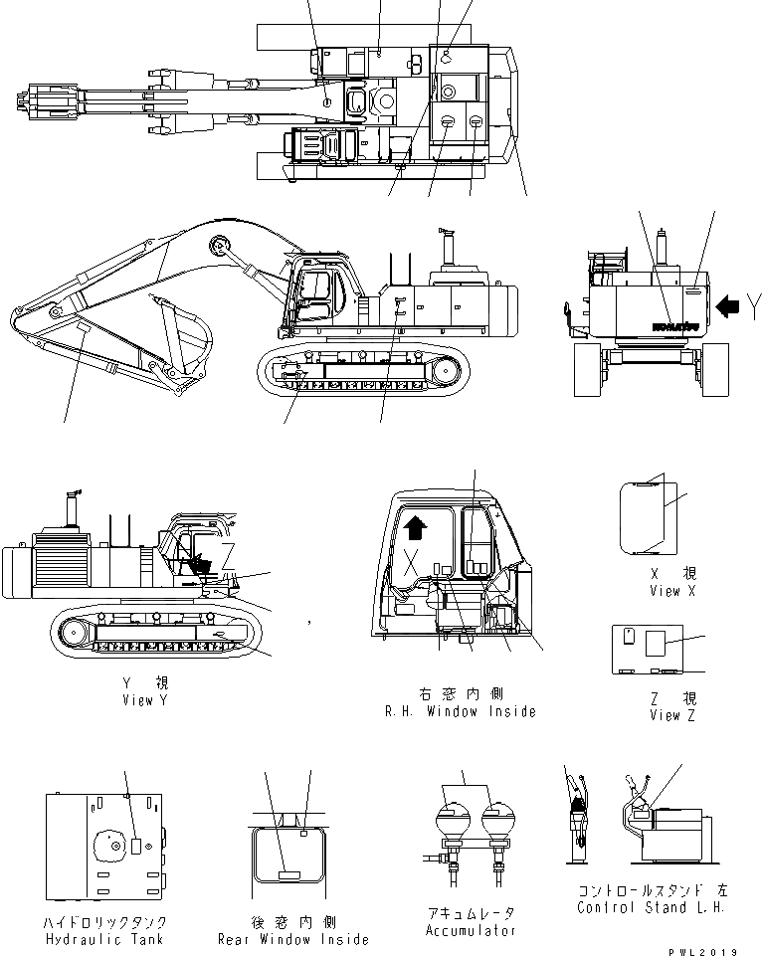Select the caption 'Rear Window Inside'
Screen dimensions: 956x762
[293, 939]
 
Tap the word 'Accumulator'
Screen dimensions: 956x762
[471, 931]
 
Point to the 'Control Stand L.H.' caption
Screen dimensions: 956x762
[646, 907]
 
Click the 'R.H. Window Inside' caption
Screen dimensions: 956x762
[460, 711]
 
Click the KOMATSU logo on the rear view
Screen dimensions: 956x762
[675, 325]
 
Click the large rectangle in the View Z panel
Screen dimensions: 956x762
[660, 645]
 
